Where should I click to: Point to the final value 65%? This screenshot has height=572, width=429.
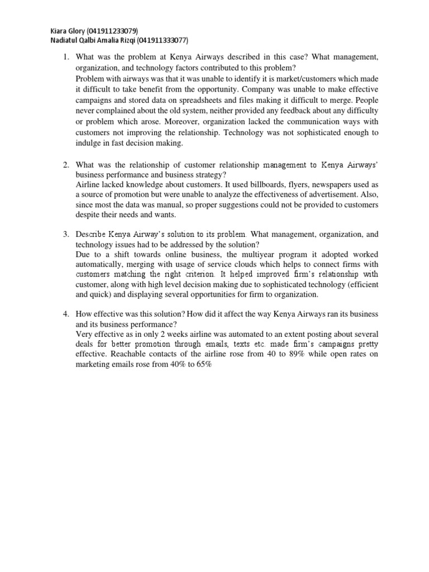pyautogui.click(x=203, y=365)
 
